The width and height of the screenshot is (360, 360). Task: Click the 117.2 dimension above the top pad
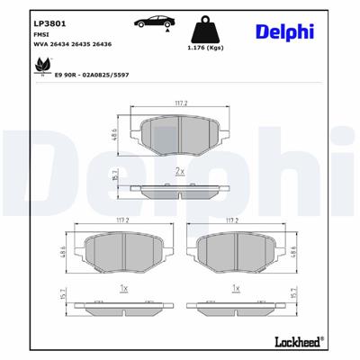pos(179,103)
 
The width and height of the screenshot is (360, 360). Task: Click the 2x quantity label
pos(179,170)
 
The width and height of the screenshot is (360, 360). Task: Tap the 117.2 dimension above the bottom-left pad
pos(121,219)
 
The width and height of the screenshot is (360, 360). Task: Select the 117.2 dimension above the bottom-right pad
pos(237,219)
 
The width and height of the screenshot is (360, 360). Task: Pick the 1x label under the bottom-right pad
pos(237,287)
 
